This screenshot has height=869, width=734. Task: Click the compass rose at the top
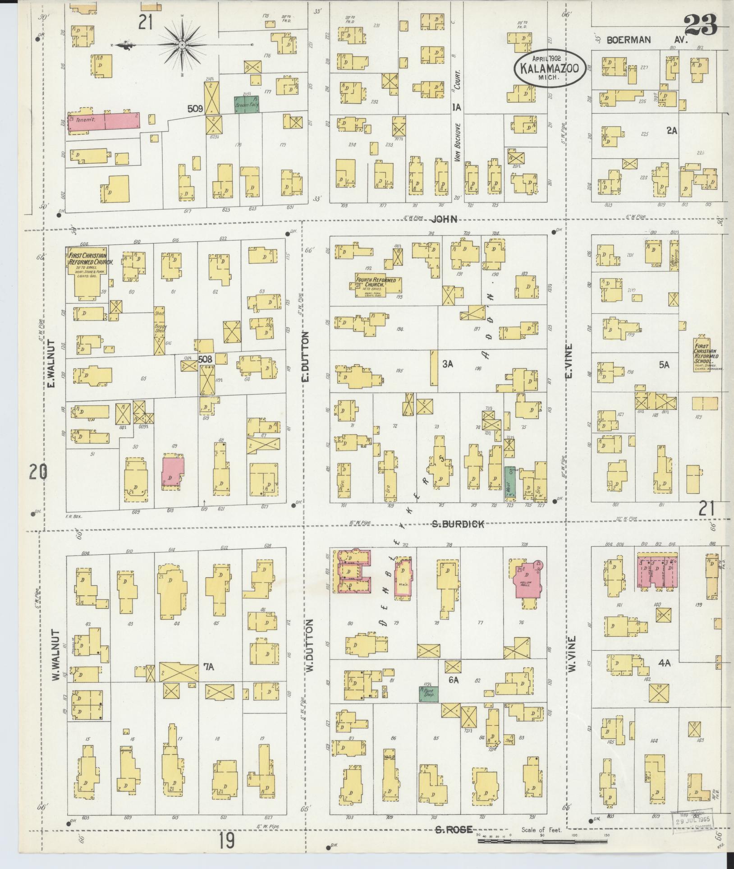(182, 45)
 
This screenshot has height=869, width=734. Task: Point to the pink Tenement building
(104, 121)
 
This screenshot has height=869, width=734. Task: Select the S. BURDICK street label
(457, 524)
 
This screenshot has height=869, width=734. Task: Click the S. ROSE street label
(454, 829)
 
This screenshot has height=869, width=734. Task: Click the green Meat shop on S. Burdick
(509, 482)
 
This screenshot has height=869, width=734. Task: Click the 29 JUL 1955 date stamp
(692, 820)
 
